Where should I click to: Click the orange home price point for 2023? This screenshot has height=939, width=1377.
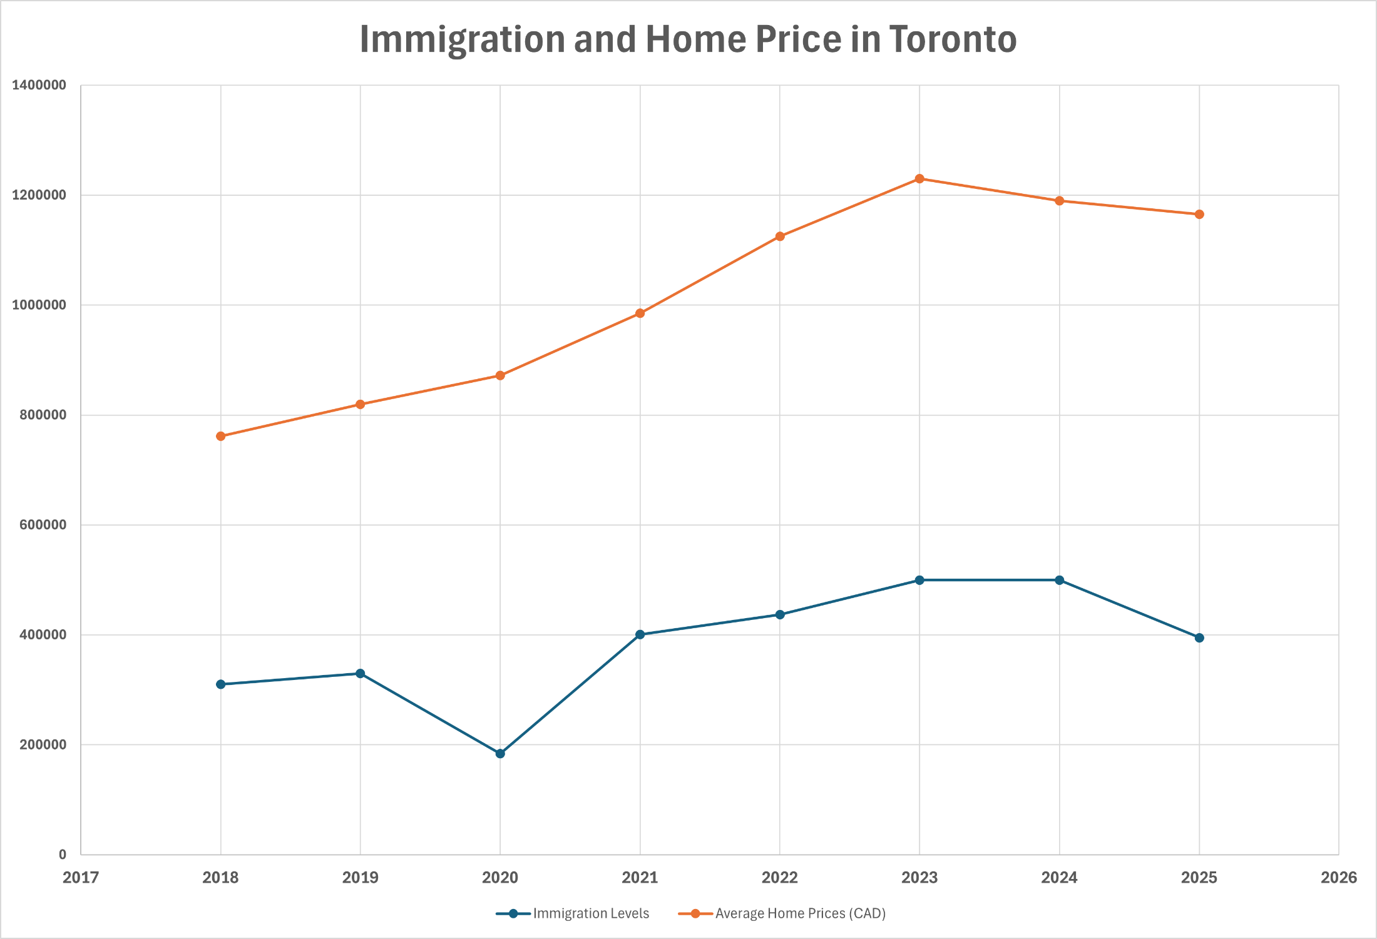point(919,179)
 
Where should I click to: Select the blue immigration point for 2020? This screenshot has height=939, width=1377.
point(500,754)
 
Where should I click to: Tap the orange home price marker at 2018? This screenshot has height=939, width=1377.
point(220,436)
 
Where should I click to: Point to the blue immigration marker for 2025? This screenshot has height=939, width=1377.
point(1199,638)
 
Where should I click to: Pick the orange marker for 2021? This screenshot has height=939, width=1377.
point(640,313)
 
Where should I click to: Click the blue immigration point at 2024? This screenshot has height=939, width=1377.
point(1059,580)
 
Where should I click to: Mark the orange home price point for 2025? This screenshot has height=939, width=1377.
point(1199,215)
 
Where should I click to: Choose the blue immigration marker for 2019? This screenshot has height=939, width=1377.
point(361,674)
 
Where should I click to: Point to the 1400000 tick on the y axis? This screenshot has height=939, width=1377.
point(39,85)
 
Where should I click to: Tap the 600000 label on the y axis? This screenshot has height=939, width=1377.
point(43,525)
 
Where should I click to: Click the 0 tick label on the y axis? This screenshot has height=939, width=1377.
point(62,855)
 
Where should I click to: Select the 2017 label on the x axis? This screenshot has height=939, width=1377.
point(81,878)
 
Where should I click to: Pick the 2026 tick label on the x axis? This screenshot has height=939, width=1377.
point(1339,878)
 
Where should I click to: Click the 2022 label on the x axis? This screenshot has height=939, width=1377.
point(780,878)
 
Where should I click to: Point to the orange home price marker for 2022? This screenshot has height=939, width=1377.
point(780,236)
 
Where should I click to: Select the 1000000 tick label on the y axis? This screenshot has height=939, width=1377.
point(39,305)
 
